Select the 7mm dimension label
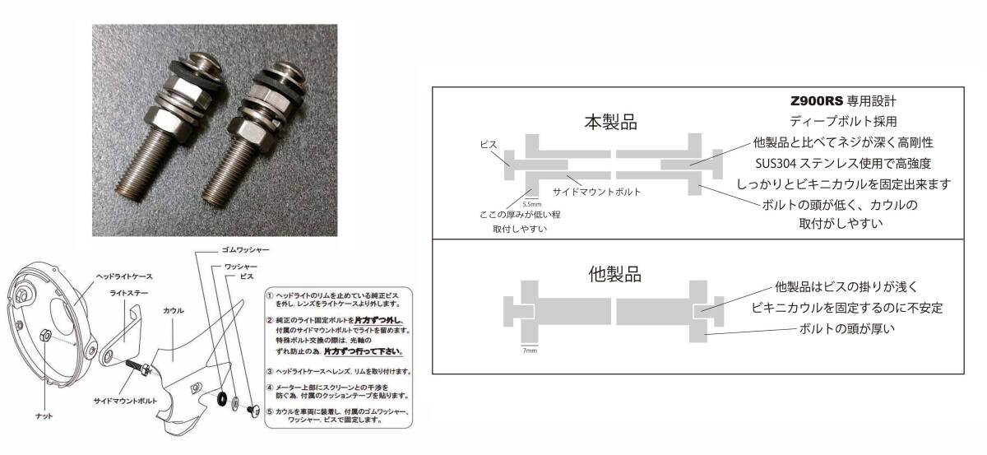530,350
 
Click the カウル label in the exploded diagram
174,310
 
